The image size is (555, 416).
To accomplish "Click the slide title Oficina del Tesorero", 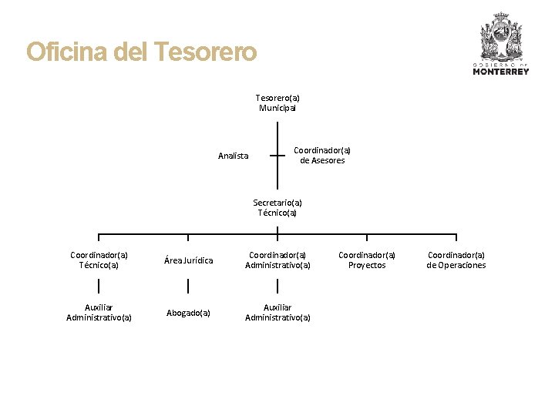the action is [141, 52].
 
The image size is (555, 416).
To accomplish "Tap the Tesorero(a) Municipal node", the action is [277, 103].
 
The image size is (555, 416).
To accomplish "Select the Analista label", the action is [233, 156].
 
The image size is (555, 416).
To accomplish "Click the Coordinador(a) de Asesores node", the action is [322, 156].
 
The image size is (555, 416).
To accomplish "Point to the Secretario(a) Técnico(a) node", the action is [277, 208].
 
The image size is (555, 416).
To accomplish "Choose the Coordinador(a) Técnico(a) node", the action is [99, 260].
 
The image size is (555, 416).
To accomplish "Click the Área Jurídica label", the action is [188, 260].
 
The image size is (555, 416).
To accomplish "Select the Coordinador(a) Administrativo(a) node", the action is [277, 260].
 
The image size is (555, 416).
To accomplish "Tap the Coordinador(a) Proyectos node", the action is [367, 260].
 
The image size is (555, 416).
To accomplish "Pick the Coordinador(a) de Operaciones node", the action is [456, 260].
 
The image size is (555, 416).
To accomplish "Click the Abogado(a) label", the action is [188, 313].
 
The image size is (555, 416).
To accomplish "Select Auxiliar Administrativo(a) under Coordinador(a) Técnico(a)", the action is [99, 312].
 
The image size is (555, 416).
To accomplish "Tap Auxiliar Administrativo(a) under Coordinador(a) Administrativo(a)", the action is [277, 312].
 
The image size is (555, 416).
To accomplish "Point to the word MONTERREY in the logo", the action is [501, 72].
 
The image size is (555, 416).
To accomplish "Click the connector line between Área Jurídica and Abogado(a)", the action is [188, 287].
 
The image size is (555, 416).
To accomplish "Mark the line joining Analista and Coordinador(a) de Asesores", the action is [277, 155].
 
